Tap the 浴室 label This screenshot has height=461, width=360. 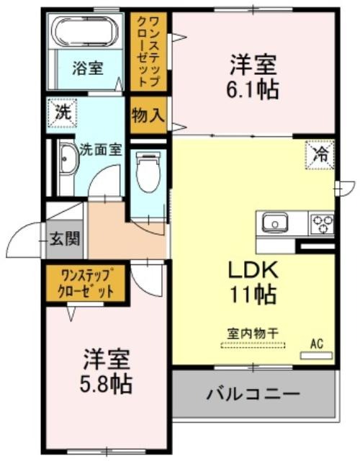[x=88, y=68]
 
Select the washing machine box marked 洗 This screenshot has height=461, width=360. [x=63, y=113]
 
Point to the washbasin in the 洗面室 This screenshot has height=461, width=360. [x=69, y=160]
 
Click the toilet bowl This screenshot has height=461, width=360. [x=148, y=171]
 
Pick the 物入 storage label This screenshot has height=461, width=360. [x=148, y=115]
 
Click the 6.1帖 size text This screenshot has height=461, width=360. [x=253, y=89]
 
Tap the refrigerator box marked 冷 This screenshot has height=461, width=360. [x=320, y=155]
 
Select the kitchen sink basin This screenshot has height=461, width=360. [x=275, y=223]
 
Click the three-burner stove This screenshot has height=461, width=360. [x=322, y=224]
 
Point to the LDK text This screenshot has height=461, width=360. [x=253, y=270]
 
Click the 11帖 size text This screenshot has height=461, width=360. [x=253, y=294]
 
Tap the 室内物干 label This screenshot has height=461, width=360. [x=253, y=334]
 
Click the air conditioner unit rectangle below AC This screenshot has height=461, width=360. [x=316, y=355]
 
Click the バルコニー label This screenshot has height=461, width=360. [x=253, y=394]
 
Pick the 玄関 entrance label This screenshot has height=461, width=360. [x=65, y=238]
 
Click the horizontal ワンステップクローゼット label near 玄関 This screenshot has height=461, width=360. [x=86, y=284]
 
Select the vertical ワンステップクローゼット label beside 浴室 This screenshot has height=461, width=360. [x=150, y=51]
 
